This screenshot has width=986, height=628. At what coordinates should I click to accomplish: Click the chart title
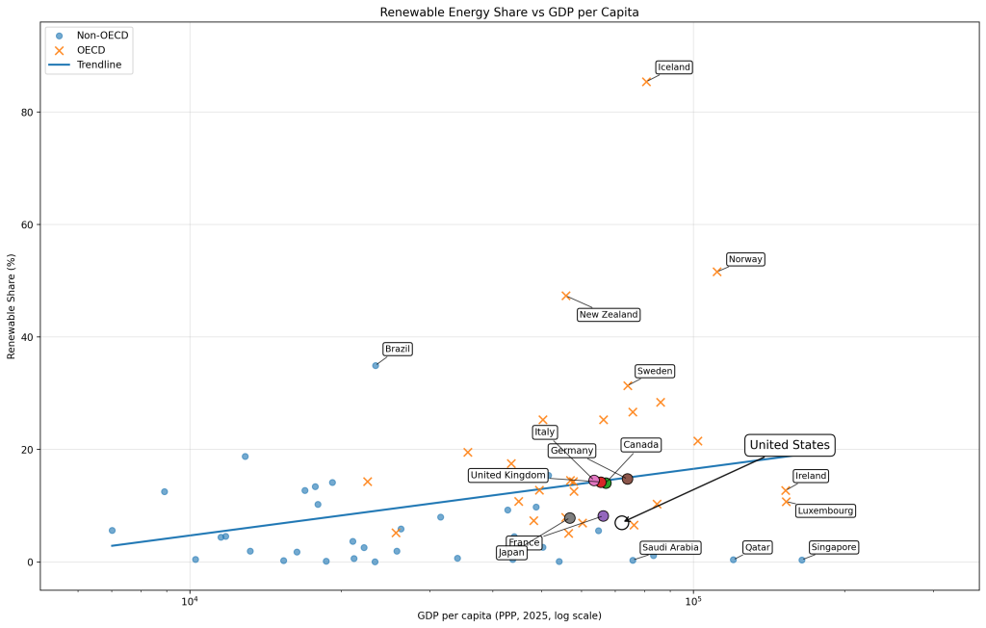point(509,13)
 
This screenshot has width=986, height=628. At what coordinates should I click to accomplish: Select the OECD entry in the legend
point(92,50)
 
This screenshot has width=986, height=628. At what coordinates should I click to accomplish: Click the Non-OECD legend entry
point(102,36)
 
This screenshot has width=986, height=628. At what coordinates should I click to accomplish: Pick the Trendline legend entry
point(99,65)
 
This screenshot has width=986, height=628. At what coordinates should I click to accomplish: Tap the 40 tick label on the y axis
point(27,337)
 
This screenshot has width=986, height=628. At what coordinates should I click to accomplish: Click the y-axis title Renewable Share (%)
point(12,306)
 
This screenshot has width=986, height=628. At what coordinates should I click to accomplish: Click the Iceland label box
point(674,67)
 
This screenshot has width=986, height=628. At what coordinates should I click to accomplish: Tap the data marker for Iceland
point(646,82)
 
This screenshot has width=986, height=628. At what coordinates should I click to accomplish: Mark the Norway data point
point(716,272)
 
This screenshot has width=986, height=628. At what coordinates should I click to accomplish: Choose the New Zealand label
point(608,315)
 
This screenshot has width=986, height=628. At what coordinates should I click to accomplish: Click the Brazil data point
point(376,365)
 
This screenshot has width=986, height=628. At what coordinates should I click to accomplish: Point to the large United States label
point(789,445)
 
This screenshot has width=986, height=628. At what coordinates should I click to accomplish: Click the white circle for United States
point(622,523)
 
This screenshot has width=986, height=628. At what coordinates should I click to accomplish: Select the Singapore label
point(833,547)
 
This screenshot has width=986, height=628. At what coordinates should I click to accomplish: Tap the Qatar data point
point(733,560)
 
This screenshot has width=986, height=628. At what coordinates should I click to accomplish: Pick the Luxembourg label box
point(825,510)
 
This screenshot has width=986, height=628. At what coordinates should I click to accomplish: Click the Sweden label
point(655,371)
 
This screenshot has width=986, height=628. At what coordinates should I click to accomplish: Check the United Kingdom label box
point(508,475)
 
